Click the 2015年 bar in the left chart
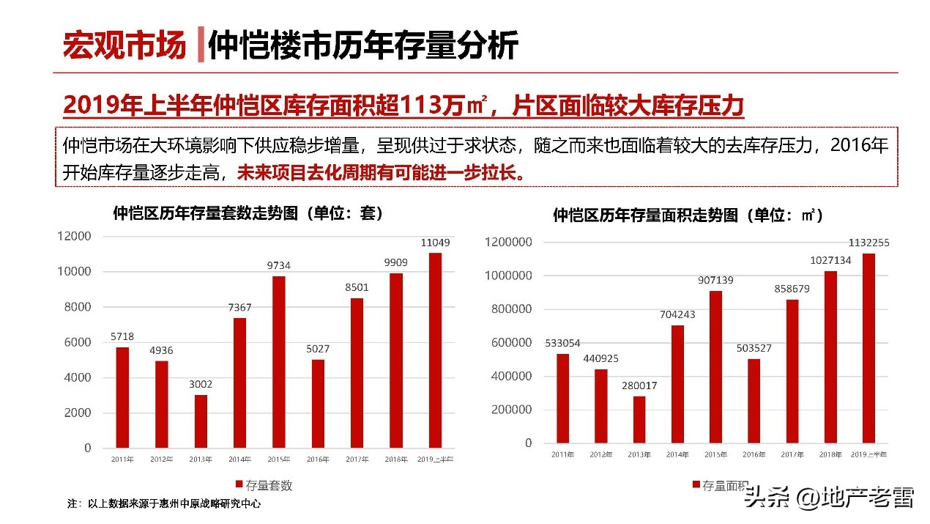279,361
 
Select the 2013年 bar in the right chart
639,419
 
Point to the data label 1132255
868,243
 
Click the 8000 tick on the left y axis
76,306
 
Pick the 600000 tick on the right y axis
508,342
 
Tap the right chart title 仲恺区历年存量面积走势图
688,215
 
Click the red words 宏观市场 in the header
124,45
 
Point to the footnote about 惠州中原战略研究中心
164,504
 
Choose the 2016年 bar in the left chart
318,403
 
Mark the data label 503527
754,348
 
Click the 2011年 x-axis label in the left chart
122,460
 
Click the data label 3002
201,384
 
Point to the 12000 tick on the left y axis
75,236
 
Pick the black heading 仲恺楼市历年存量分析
363,45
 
